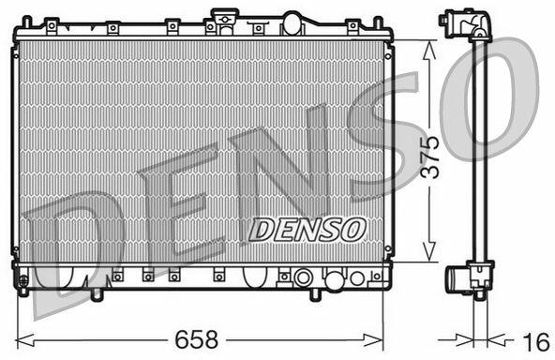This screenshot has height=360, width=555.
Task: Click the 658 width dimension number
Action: point(197,339)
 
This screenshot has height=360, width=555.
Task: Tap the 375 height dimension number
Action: point(431,157)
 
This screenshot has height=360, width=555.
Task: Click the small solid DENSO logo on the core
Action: point(307,230)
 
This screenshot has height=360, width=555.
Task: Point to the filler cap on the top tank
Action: point(224,16)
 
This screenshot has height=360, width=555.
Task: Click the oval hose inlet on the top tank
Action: point(292,23)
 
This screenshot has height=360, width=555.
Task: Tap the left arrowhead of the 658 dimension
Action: point(24,340)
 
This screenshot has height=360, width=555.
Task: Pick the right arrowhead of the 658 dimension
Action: point(374,340)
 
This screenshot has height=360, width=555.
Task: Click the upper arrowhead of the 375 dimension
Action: point(429,50)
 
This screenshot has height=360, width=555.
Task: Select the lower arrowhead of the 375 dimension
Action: point(429,252)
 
